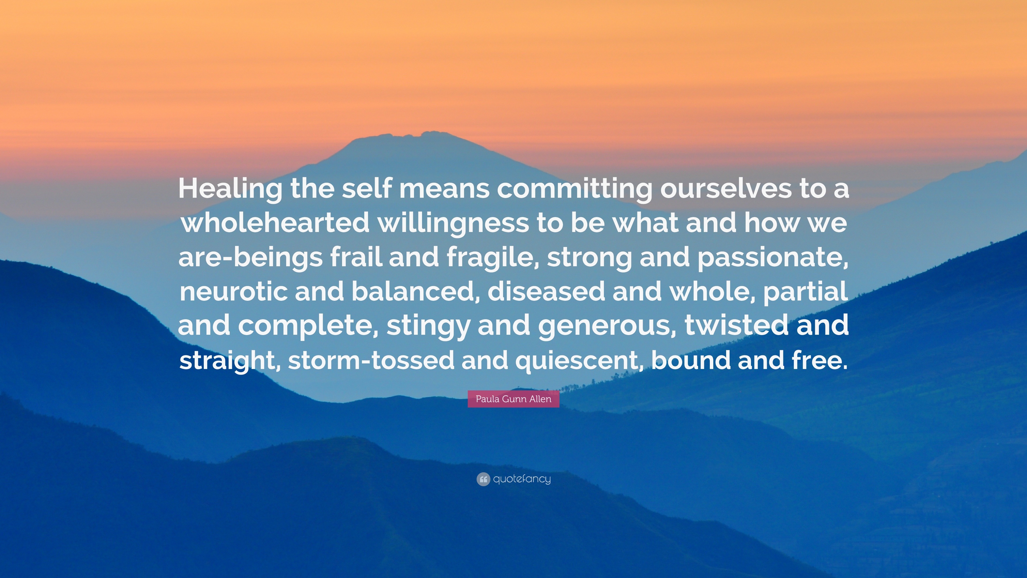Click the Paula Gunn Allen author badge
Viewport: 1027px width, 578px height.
pos(513,399)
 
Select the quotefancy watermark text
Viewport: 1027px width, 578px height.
pos(522,479)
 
